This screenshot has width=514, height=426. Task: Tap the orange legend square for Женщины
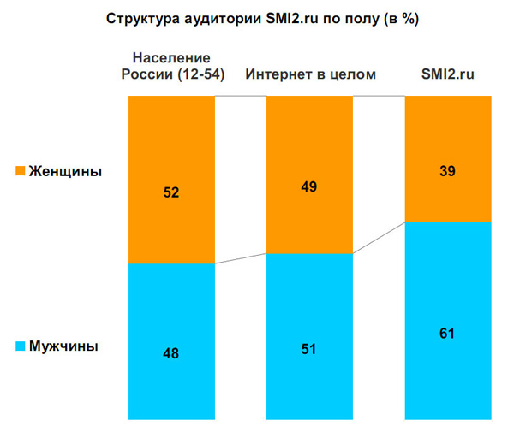20,172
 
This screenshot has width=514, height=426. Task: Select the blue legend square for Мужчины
20,346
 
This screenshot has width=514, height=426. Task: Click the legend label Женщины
65,172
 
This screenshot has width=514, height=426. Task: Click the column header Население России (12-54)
171,66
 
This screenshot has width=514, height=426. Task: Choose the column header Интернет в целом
310,74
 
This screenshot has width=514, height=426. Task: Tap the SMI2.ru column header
446,74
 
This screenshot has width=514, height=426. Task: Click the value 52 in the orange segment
170,192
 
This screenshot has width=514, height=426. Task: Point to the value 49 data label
309,187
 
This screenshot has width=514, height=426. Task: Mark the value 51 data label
309,348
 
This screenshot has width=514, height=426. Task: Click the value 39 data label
447,171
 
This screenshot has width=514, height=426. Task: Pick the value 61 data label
447,333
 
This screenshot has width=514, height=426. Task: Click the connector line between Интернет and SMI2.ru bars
378,238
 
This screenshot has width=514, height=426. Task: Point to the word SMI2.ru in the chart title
296,18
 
